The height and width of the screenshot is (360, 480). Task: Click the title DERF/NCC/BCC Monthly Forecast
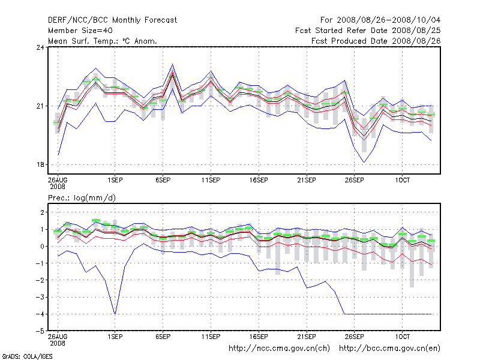click(x=112, y=20)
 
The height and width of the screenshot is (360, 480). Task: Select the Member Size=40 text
click(x=80, y=31)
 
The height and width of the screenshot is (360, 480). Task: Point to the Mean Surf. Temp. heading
click(x=103, y=41)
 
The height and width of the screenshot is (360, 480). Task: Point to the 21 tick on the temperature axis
click(x=41, y=106)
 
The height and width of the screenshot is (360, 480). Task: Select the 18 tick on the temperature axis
click(x=41, y=165)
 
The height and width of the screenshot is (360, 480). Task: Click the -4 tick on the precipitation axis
click(x=40, y=314)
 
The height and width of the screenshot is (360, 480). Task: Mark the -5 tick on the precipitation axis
click(x=40, y=331)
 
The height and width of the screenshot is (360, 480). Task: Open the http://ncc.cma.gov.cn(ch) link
click(x=280, y=348)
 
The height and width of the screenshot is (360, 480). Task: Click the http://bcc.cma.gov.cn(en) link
click(x=390, y=348)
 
